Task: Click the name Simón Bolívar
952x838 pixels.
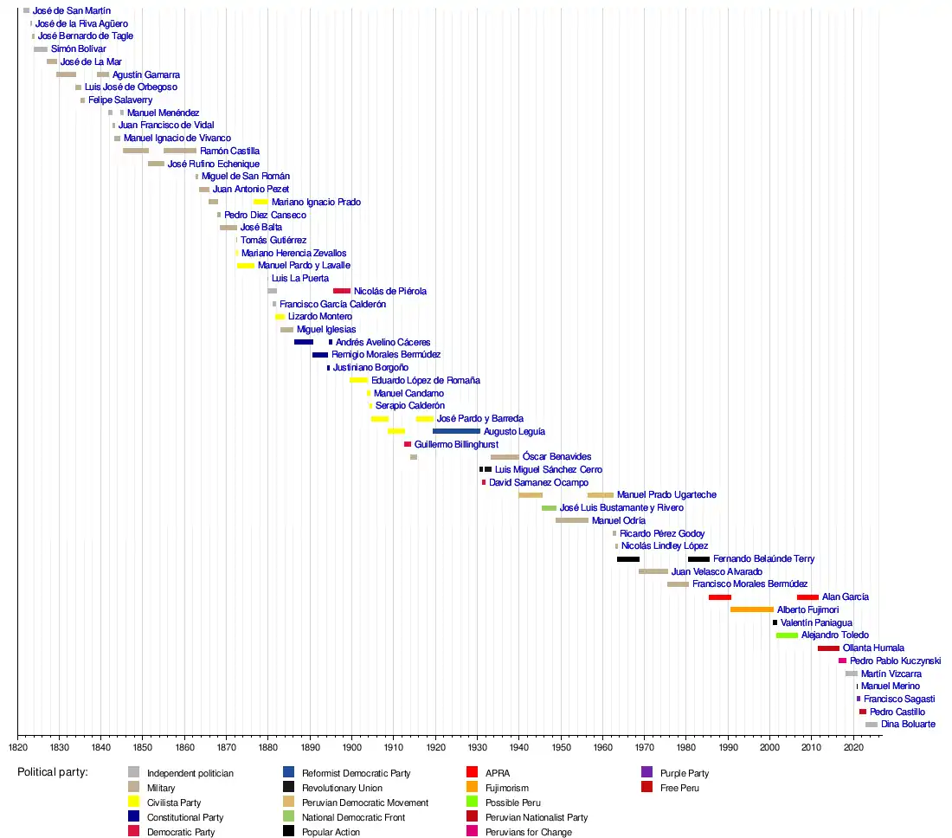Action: click(x=78, y=49)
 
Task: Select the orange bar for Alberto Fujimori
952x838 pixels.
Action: click(x=751, y=609)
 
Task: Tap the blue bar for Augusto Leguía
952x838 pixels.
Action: click(x=456, y=431)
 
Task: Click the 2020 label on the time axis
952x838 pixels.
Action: click(x=853, y=746)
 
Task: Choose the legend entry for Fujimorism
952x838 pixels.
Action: click(x=506, y=788)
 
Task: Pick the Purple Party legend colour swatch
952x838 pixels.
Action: click(x=646, y=773)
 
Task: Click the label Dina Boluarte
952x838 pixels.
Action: click(x=907, y=725)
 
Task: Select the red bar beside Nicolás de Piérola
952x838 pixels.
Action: click(x=342, y=291)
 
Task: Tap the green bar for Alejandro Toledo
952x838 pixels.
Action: click(x=787, y=635)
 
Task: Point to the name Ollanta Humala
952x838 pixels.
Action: click(x=873, y=648)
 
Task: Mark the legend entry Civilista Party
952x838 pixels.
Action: click(x=174, y=803)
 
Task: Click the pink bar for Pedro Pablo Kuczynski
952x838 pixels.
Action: click(x=842, y=661)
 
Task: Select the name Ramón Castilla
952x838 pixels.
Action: click(x=229, y=151)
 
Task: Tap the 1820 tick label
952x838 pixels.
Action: click(x=17, y=746)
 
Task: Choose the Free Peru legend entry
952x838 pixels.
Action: click(x=679, y=788)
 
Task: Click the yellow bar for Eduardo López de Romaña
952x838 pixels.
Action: click(x=358, y=380)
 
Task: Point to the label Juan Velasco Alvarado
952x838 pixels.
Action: click(x=717, y=571)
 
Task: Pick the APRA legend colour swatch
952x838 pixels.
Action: click(x=472, y=773)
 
